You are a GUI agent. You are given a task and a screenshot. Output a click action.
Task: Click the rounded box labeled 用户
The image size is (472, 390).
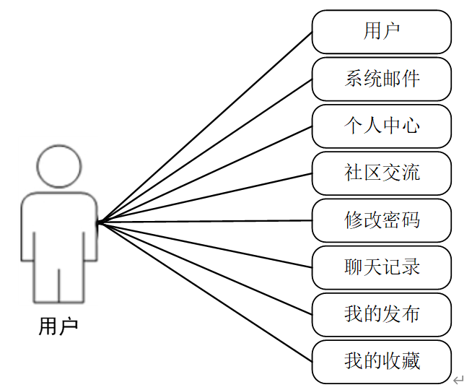[x=382, y=32]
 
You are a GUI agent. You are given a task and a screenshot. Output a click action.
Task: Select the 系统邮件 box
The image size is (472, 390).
[x=382, y=79]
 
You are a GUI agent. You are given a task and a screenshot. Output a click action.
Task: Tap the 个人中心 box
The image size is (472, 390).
[x=382, y=126]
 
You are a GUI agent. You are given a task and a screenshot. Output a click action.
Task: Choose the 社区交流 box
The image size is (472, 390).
[x=382, y=173]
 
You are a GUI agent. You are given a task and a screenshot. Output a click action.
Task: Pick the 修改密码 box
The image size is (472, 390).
[x=382, y=220]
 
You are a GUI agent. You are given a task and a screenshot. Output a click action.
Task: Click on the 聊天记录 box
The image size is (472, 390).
[x=382, y=267]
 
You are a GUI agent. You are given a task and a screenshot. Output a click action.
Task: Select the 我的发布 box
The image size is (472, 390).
[x=382, y=314]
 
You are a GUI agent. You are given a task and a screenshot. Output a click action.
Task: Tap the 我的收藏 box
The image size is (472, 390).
[x=382, y=361]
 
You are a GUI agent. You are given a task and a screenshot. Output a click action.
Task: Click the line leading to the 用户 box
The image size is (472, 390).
[x=206, y=127]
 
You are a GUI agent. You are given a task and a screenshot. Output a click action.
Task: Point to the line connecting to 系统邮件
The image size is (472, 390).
[x=206, y=150]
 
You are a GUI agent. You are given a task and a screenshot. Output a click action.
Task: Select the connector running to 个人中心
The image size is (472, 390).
[x=206, y=174]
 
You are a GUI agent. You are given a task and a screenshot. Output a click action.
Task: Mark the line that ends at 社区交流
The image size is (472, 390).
[x=206, y=198]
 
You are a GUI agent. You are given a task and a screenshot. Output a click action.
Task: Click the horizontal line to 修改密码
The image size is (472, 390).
[x=206, y=221]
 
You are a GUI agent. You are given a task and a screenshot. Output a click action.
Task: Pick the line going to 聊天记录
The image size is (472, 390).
[x=206, y=245]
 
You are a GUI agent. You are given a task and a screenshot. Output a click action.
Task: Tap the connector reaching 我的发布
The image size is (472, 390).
[x=206, y=268]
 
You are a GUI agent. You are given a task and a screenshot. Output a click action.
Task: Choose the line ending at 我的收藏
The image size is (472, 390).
[x=206, y=291]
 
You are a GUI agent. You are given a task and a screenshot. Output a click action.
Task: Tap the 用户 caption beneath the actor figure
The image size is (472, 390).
[x=58, y=326]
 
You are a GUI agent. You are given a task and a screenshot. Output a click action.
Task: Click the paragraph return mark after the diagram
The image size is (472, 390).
[x=458, y=379]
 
